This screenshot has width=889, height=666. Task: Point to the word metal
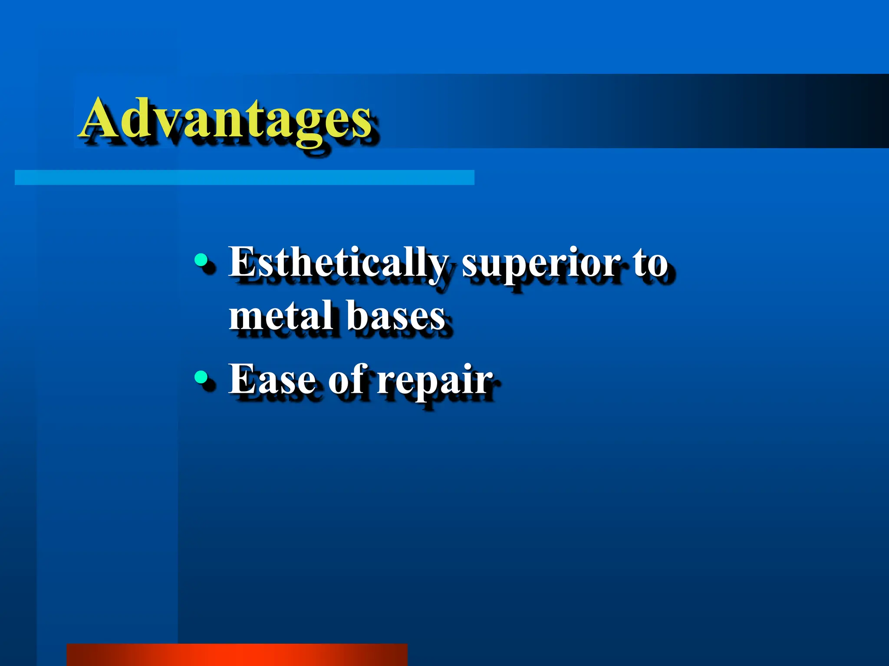[282, 316]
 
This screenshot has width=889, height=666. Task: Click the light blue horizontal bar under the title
[244, 177]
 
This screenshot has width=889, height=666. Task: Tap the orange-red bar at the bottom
[237, 655]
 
